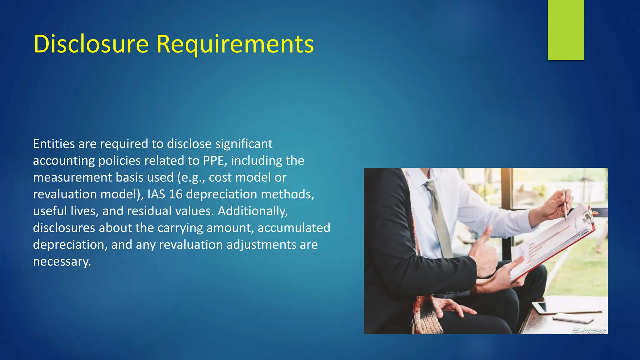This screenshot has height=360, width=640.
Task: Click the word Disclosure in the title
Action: [91, 44]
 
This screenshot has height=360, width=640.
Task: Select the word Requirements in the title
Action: [235, 44]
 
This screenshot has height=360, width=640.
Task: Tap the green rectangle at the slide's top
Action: [566, 30]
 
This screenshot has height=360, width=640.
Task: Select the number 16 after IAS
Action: [175, 194]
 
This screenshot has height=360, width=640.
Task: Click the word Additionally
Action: [252, 211]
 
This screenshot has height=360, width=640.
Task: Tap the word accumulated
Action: [294, 228]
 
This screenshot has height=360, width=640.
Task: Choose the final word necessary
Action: [62, 262]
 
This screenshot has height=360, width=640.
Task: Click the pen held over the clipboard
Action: [565, 204]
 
